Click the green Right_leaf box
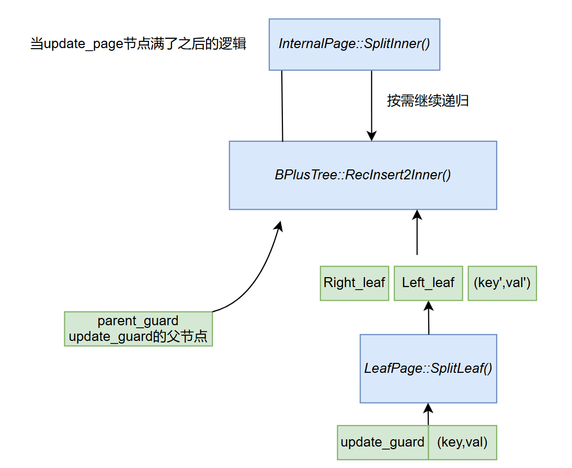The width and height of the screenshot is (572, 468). click(x=354, y=283)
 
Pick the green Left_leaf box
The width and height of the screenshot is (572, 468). click(x=428, y=283)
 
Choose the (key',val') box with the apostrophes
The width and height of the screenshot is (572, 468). click(x=502, y=283)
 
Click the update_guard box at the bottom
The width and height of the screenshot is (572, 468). click(x=382, y=442)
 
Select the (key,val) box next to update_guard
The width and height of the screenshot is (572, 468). click(x=462, y=442)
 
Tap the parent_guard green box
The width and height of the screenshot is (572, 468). click(x=138, y=321)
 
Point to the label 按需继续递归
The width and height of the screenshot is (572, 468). click(x=428, y=100)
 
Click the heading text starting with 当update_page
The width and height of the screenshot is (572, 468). click(x=138, y=44)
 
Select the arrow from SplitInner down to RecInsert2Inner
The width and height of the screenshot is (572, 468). click(x=371, y=105)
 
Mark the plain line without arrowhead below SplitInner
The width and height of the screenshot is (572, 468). click(x=282, y=105)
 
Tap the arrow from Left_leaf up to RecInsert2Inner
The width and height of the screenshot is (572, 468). click(x=417, y=233)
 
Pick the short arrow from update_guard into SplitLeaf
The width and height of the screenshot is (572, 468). click(x=428, y=415)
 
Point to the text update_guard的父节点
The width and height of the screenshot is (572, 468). click(x=138, y=337)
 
